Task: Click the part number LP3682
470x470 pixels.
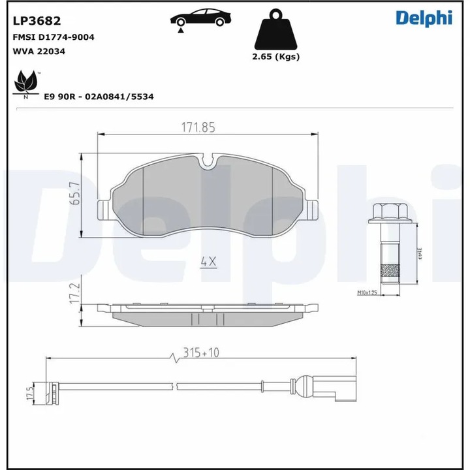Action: click(37, 21)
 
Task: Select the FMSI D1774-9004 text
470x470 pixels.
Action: click(54, 37)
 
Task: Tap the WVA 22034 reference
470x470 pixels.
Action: click(39, 51)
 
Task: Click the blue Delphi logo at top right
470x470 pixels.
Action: click(424, 18)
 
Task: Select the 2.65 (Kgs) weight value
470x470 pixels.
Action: click(275, 57)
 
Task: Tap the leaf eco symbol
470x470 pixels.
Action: click(26, 84)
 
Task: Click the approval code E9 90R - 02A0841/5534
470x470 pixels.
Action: click(98, 96)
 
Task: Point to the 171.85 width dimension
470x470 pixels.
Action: click(198, 128)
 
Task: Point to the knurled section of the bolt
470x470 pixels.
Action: click(389, 270)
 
